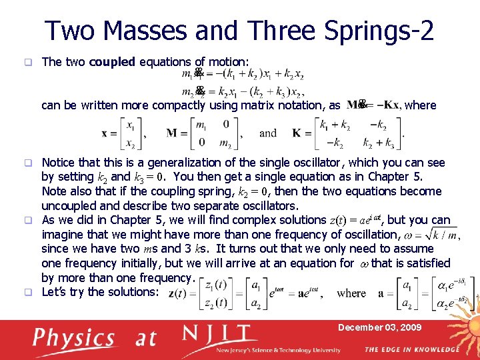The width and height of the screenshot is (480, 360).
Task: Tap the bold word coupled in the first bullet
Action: point(112,62)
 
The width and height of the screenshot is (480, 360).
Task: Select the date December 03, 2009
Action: point(379,327)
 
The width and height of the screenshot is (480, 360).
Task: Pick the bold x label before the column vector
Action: point(105,133)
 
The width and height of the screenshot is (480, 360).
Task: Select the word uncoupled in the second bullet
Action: point(71,206)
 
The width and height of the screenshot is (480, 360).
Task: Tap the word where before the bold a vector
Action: point(351,293)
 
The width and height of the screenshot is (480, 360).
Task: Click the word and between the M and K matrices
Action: point(268,133)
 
